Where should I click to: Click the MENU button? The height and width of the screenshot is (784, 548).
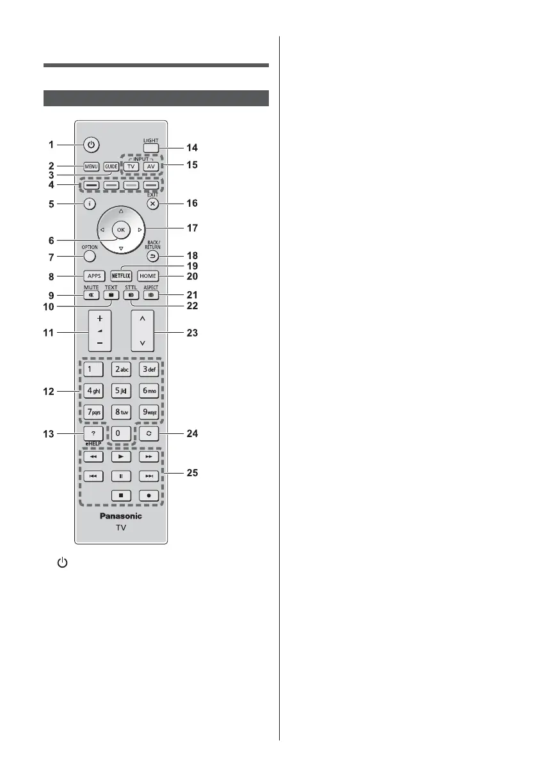(90, 167)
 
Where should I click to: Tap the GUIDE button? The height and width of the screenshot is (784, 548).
(112, 167)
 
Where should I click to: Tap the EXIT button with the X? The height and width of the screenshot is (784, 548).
(151, 204)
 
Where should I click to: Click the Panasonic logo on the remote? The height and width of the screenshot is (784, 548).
(120, 515)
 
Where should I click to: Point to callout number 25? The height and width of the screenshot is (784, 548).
(191, 474)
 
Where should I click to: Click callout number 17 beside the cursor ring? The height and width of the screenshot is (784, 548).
(191, 228)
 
